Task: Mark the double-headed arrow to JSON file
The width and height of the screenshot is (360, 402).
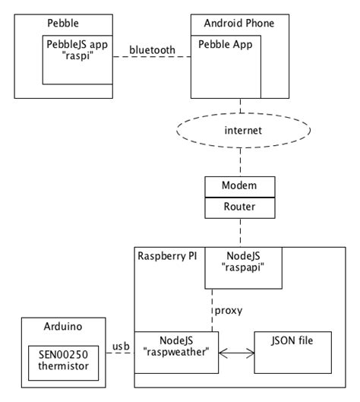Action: coord(236,352)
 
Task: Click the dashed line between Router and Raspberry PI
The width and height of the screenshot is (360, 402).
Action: coord(241,229)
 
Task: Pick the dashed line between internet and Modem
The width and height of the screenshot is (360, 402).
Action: coord(241,162)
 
